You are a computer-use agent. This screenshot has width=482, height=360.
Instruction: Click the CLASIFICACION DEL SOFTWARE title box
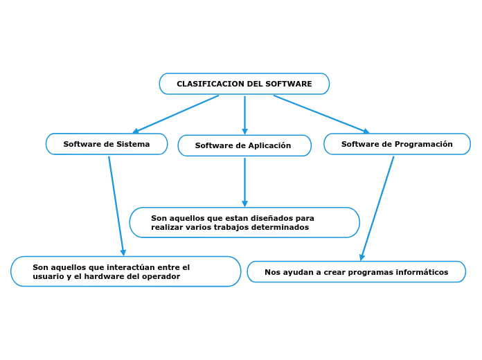coord(244,84)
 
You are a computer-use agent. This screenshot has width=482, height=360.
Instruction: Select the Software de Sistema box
coord(107,144)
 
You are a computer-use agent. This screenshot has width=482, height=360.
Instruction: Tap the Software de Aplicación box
coord(244,145)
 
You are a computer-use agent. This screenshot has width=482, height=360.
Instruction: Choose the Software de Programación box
coord(397,144)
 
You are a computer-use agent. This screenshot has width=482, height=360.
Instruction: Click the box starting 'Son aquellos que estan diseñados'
coord(244,222)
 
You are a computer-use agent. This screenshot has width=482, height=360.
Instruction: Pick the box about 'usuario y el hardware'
coord(125,271)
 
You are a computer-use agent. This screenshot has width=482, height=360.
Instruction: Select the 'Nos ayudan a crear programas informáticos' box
coord(356,272)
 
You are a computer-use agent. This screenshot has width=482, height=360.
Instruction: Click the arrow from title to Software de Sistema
coord(176,114)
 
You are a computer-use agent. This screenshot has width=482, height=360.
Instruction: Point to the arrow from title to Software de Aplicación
coord(244,115)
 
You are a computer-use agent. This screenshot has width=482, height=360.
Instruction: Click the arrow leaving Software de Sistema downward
coord(116,206)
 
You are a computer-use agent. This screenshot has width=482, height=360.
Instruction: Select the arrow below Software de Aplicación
coord(244,182)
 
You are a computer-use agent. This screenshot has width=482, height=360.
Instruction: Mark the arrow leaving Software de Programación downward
coord(377,208)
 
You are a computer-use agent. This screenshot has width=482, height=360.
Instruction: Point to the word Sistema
coord(133,144)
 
